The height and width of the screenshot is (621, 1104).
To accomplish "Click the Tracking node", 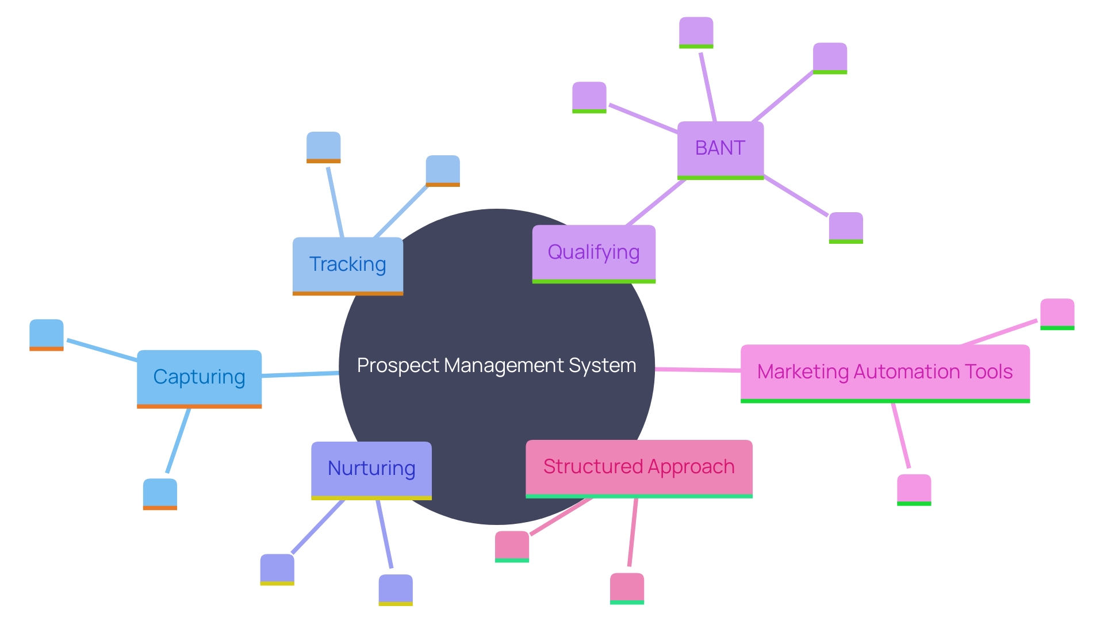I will [348, 264].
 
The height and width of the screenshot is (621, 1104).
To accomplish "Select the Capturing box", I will [199, 377].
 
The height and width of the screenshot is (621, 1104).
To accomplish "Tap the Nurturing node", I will [371, 469].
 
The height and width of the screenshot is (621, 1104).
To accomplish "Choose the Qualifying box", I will [593, 252].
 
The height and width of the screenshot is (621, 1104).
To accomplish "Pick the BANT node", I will [720, 148].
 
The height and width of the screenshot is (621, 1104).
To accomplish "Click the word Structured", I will [592, 466].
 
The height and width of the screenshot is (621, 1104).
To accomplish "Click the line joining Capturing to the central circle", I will [300, 375].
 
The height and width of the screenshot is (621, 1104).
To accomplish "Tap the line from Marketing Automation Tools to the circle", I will [697, 370].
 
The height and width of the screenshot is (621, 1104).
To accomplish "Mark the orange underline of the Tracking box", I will [348, 293].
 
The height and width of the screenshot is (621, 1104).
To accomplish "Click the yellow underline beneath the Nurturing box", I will [371, 498].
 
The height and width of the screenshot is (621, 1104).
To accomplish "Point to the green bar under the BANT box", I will [720, 178].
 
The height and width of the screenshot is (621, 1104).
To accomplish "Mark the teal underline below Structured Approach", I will [639, 496].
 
